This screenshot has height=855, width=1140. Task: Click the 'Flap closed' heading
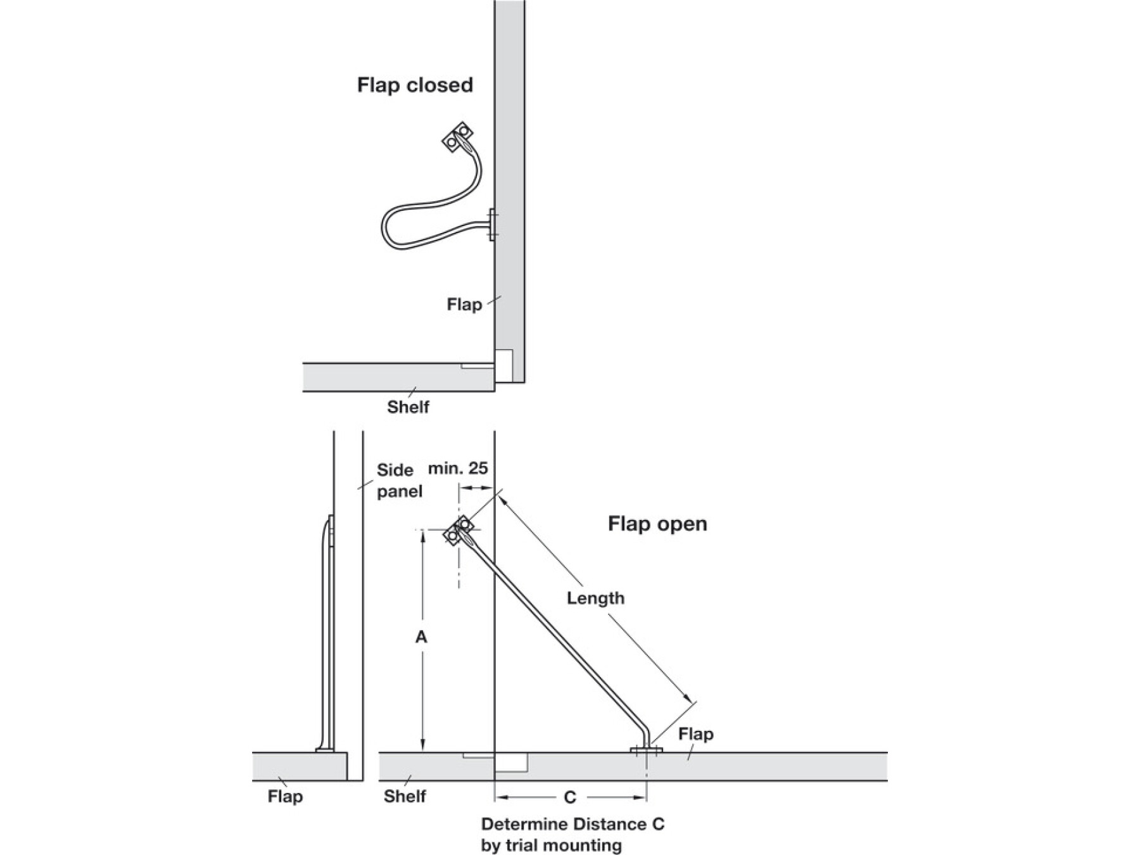coord(415,85)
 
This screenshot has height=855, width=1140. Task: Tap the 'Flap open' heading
coord(657,524)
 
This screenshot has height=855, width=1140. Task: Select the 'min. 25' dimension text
coord(458,469)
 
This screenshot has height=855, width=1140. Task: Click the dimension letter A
coord(421,637)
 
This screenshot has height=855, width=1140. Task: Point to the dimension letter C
coord(569,797)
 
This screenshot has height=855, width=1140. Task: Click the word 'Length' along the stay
coord(595,598)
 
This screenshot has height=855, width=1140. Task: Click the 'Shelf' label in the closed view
coord(408,407)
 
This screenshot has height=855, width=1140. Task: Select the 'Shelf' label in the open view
coord(404,796)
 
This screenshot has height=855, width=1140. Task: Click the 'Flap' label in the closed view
coord(464,305)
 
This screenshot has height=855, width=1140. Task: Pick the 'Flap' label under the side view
coord(285,796)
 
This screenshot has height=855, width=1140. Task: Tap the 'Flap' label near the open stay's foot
coord(695,734)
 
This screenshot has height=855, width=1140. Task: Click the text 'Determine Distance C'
coord(573,825)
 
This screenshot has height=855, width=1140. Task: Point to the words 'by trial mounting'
coord(551,845)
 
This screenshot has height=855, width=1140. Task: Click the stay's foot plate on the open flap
coord(646,750)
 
